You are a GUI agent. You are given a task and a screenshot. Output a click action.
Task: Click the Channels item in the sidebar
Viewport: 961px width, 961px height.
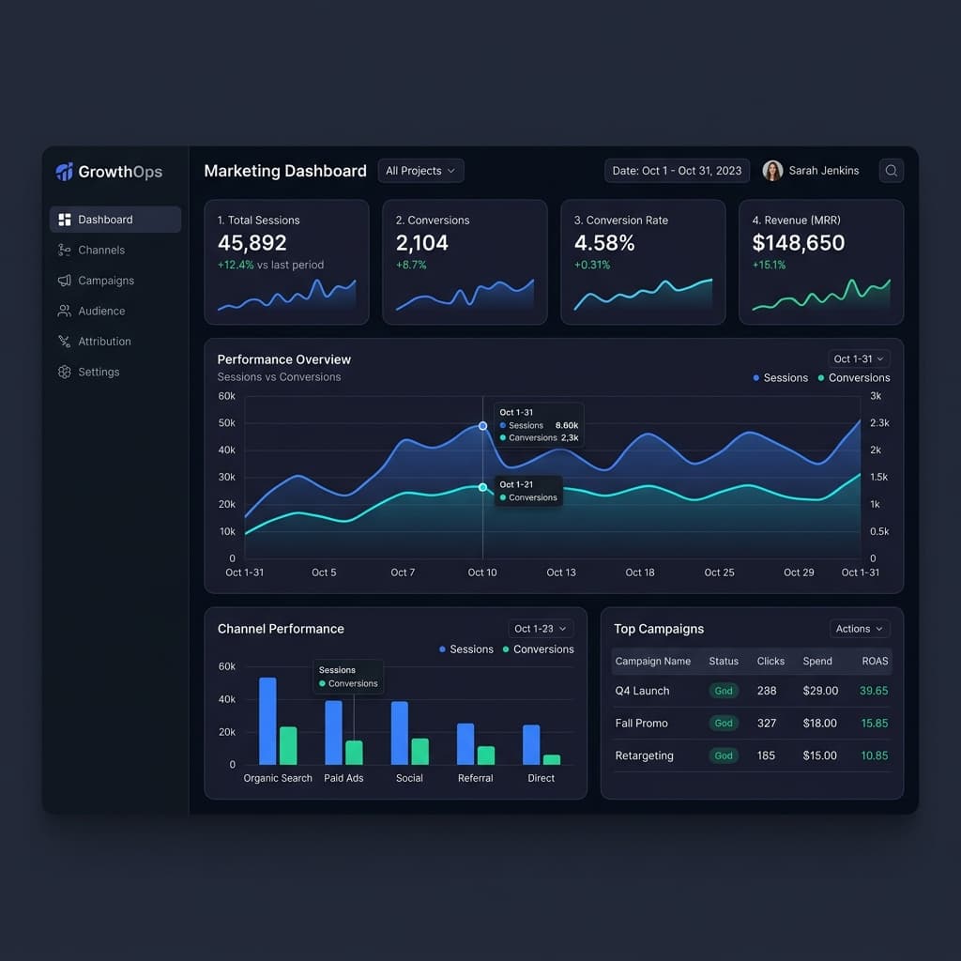pos(91,250)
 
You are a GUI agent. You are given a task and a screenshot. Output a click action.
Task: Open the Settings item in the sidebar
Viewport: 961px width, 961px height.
pos(88,372)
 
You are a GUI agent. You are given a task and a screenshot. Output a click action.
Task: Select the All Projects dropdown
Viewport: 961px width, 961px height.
pos(420,171)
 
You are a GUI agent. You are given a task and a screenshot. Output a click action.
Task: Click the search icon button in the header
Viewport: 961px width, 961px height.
pos(892,171)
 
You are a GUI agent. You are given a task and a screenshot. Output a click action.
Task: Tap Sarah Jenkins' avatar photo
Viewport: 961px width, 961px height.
pos(772,171)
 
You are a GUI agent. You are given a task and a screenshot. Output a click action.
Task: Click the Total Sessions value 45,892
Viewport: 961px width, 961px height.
pos(252,243)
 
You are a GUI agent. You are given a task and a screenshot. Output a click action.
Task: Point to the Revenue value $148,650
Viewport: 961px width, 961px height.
pos(798,243)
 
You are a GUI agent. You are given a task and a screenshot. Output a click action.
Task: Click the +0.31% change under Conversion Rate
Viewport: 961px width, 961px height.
pos(592,265)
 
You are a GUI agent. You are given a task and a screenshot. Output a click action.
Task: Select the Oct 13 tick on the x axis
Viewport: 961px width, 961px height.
pos(561,572)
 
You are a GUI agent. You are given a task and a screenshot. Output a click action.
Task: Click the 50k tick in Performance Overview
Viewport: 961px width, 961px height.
pos(227,423)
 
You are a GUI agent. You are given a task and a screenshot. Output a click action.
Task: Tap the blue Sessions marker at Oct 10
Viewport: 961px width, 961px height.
pos(483,425)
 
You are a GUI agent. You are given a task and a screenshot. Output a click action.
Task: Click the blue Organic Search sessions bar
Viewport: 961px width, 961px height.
pos(267,721)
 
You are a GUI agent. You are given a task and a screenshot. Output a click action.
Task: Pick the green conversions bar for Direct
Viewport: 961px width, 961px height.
pos(552,759)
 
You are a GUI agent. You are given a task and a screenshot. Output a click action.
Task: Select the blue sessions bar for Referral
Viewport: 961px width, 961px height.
pos(465,744)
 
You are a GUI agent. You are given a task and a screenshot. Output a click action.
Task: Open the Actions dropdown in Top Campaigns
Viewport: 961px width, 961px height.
pos(860,629)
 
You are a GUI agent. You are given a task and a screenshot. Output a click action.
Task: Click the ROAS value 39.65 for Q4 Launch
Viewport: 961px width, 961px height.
pos(874,691)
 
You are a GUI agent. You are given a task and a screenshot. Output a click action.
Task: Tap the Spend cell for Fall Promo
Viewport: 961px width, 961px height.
pos(819,724)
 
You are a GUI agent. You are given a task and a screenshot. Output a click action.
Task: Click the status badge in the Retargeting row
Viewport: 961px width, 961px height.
pos(724,755)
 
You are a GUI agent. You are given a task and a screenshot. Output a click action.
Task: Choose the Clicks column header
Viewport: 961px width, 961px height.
pos(770,662)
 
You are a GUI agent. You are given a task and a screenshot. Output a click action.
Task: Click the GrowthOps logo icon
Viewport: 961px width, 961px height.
pos(65,172)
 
